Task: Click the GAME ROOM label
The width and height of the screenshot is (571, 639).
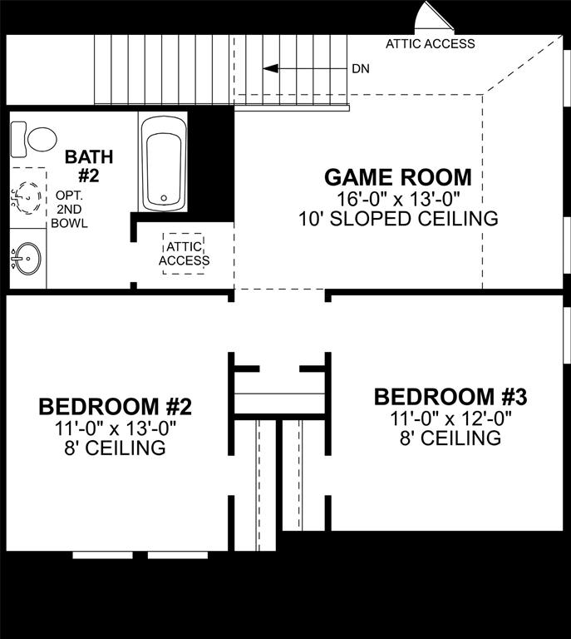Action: [397, 177]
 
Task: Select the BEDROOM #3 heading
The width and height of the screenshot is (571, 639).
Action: [450, 397]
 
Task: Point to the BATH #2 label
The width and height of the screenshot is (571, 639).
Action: [89, 165]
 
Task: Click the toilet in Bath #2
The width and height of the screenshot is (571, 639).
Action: [36, 138]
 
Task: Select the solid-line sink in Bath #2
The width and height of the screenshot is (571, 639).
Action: [27, 258]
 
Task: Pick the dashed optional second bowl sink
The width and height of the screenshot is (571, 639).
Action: [27, 198]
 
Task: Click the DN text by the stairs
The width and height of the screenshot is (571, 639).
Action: [361, 69]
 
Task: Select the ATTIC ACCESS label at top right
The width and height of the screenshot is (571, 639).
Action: [431, 44]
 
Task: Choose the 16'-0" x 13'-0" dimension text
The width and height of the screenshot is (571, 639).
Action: [397, 199]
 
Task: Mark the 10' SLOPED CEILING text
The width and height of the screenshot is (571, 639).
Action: [397, 219]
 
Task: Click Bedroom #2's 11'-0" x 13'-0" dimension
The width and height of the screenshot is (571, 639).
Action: [116, 428]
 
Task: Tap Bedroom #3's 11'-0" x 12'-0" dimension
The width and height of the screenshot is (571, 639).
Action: [450, 419]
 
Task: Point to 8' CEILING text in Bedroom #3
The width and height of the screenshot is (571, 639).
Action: [450, 438]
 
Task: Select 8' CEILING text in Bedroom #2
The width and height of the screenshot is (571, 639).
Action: [116, 448]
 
